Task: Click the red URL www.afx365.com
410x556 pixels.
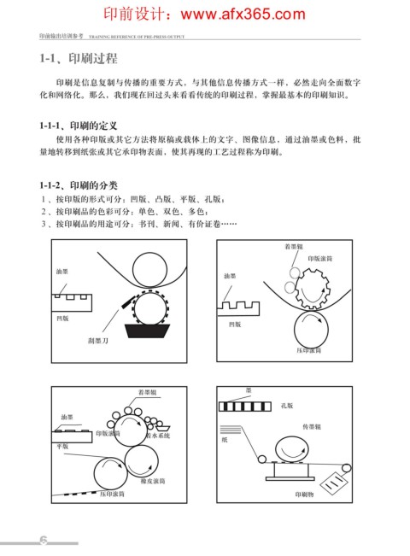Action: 243,15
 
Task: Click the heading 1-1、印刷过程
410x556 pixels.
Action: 79,59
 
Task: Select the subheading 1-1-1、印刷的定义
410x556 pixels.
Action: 78,126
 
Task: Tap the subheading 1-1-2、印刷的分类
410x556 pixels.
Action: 79,185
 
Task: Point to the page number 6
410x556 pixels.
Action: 44,540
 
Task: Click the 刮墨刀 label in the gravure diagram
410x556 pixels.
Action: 98,341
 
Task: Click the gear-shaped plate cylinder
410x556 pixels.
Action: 313,289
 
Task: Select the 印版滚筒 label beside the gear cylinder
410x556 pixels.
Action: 320,259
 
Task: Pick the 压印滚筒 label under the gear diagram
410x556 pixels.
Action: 309,350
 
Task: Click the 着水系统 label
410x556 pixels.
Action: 158,436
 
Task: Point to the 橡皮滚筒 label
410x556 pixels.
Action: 153,481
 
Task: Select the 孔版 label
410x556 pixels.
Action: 287,406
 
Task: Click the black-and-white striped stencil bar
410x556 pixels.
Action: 245,407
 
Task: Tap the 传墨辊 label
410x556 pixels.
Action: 312,427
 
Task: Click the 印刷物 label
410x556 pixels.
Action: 304,495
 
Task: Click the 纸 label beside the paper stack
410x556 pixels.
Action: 225,440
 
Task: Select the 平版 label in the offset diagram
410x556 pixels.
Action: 62,447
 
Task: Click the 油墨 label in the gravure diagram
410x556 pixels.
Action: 62,272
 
